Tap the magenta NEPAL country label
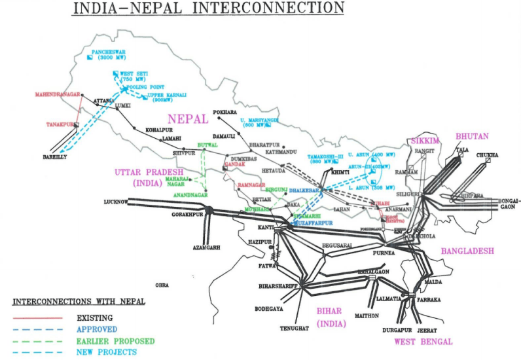tap(188, 118)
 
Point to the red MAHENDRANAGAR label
tap(57, 94)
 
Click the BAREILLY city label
tap(56, 157)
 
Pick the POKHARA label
tap(225, 112)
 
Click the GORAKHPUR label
tap(186, 214)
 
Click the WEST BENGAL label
tap(423, 341)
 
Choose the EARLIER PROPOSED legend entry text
tap(115, 340)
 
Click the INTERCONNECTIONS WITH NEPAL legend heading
tap(79, 302)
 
